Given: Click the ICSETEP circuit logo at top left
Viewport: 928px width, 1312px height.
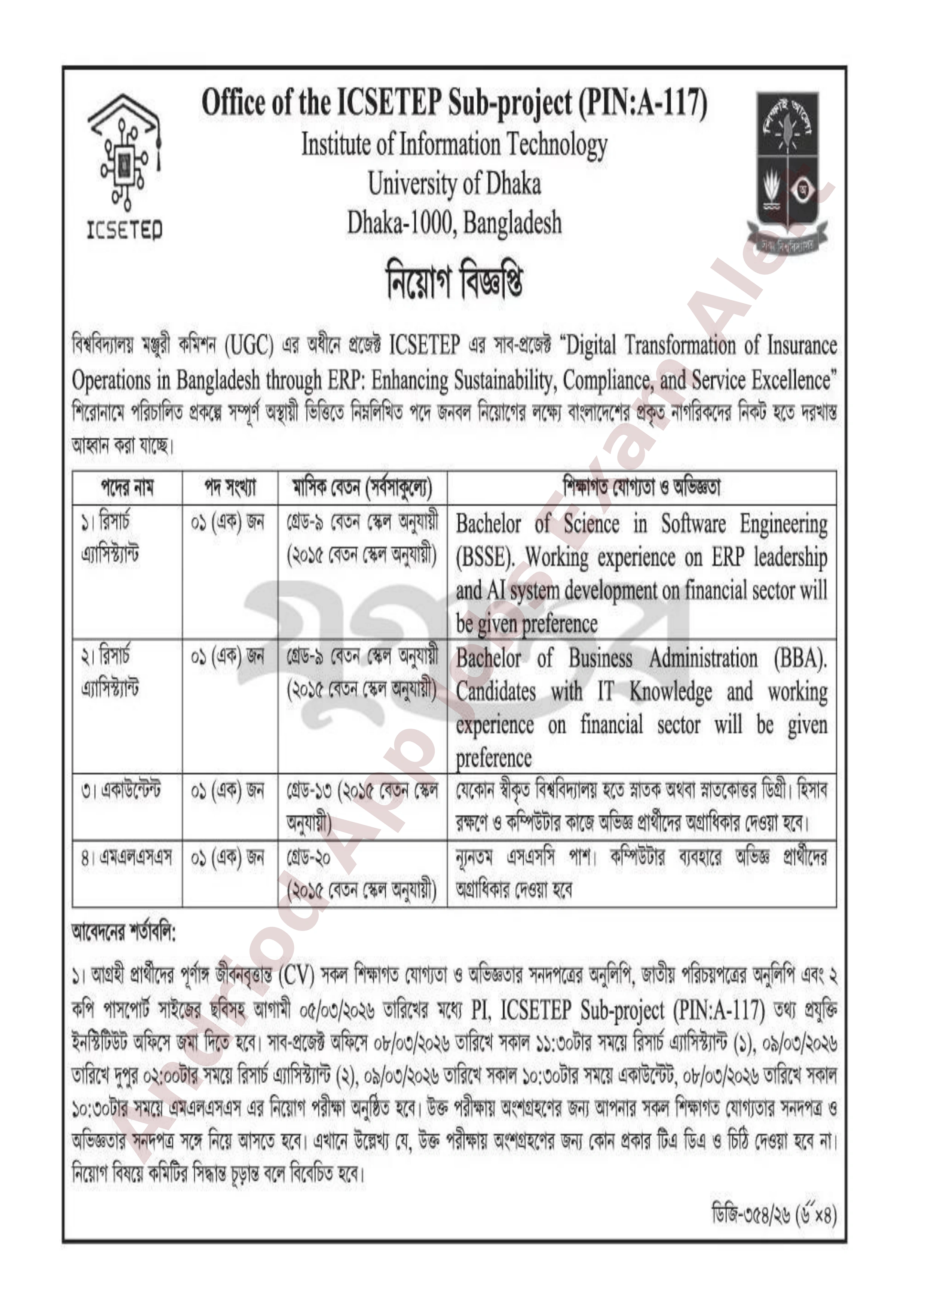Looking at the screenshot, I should (125, 166).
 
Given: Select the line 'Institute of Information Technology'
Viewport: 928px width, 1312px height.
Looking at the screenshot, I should (454, 145).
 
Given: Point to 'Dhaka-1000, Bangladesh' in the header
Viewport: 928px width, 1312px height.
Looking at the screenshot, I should (454, 223).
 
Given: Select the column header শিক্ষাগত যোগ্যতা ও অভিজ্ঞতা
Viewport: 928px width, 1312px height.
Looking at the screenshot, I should (641, 487).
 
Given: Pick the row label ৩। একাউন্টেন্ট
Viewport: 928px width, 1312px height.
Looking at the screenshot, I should (121, 790).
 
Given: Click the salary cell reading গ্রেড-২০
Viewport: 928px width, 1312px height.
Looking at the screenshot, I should (309, 858).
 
